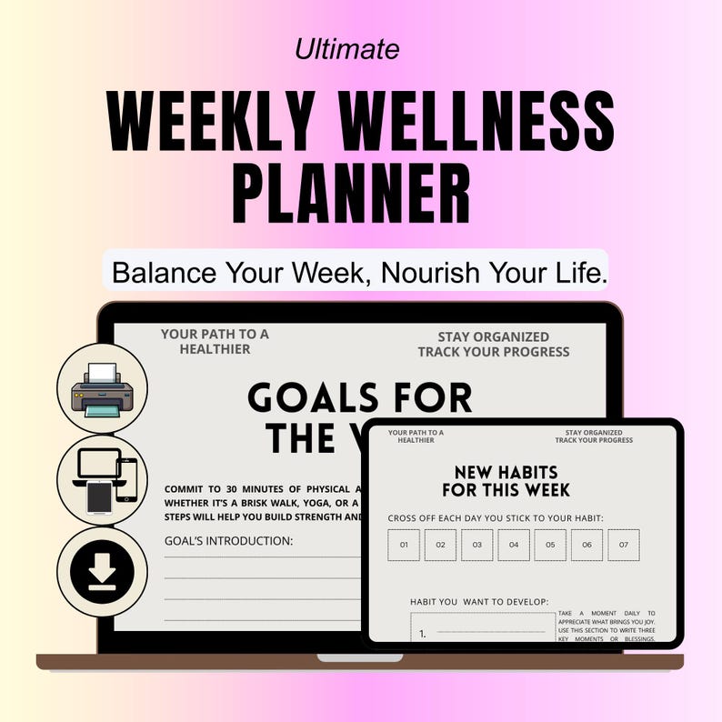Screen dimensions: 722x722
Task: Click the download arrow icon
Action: [x=102, y=572]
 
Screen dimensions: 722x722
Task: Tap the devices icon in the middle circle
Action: [x=102, y=480]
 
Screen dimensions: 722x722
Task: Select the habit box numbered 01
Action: [x=403, y=546]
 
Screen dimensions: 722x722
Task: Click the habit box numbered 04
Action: [x=513, y=546]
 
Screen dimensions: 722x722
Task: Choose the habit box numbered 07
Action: [x=623, y=546]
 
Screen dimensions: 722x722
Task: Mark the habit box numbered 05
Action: [x=549, y=546]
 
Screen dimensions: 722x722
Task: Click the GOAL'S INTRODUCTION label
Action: [x=228, y=541]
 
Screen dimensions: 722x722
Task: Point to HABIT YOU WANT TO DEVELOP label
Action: [x=480, y=601]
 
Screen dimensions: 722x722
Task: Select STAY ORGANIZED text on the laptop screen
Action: [x=494, y=337]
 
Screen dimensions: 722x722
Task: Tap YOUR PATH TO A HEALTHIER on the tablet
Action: [x=416, y=436]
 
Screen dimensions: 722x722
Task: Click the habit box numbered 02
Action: [x=439, y=546]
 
